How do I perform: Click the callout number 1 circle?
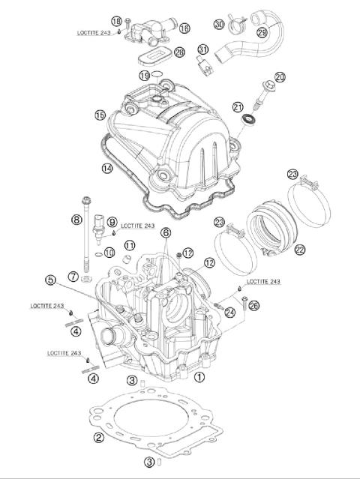199,379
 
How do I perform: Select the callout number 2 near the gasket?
97,437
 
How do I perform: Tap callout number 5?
50,280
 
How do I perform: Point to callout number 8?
76,220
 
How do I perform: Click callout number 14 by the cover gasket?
107,169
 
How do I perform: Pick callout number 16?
184,28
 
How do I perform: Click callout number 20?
280,77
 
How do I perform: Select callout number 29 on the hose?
262,33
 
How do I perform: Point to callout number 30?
218,24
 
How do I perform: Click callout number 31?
201,50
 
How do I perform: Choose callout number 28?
178,52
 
